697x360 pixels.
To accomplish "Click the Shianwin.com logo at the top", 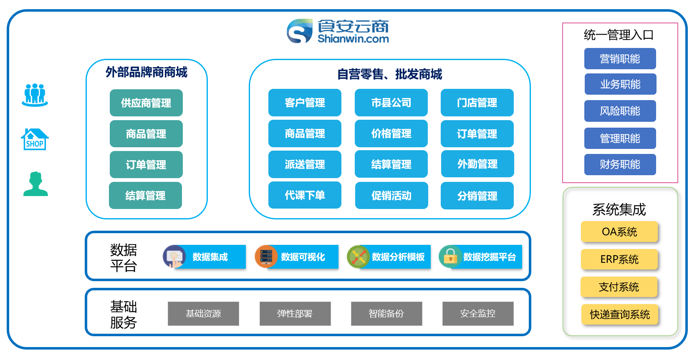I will (x=338, y=31).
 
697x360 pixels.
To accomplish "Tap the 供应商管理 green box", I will (x=146, y=103).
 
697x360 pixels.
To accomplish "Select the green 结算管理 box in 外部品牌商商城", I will (x=145, y=195).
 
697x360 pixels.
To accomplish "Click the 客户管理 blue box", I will (x=305, y=103).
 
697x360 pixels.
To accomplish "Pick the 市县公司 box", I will (x=391, y=103).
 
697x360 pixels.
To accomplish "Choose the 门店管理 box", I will (x=477, y=103).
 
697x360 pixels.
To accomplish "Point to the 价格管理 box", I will (x=391, y=133).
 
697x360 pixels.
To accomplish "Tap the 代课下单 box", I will (x=305, y=195).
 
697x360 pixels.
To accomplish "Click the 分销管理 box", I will (x=477, y=196).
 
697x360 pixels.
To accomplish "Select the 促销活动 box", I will (x=391, y=196).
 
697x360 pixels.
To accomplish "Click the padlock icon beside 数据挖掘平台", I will (x=450, y=256).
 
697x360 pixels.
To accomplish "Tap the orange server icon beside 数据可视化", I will (x=266, y=256).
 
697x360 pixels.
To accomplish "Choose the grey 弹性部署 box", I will (x=295, y=313).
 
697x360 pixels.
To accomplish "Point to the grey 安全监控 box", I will (x=478, y=313).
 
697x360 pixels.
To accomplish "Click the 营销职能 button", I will (x=620, y=59).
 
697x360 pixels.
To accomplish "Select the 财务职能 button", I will (x=620, y=164).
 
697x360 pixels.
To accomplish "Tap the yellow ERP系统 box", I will (x=619, y=259).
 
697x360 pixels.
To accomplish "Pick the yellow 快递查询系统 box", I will (x=620, y=314).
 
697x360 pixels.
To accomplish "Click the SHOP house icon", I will (x=35, y=139).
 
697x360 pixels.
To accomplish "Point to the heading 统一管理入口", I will (x=619, y=35).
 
